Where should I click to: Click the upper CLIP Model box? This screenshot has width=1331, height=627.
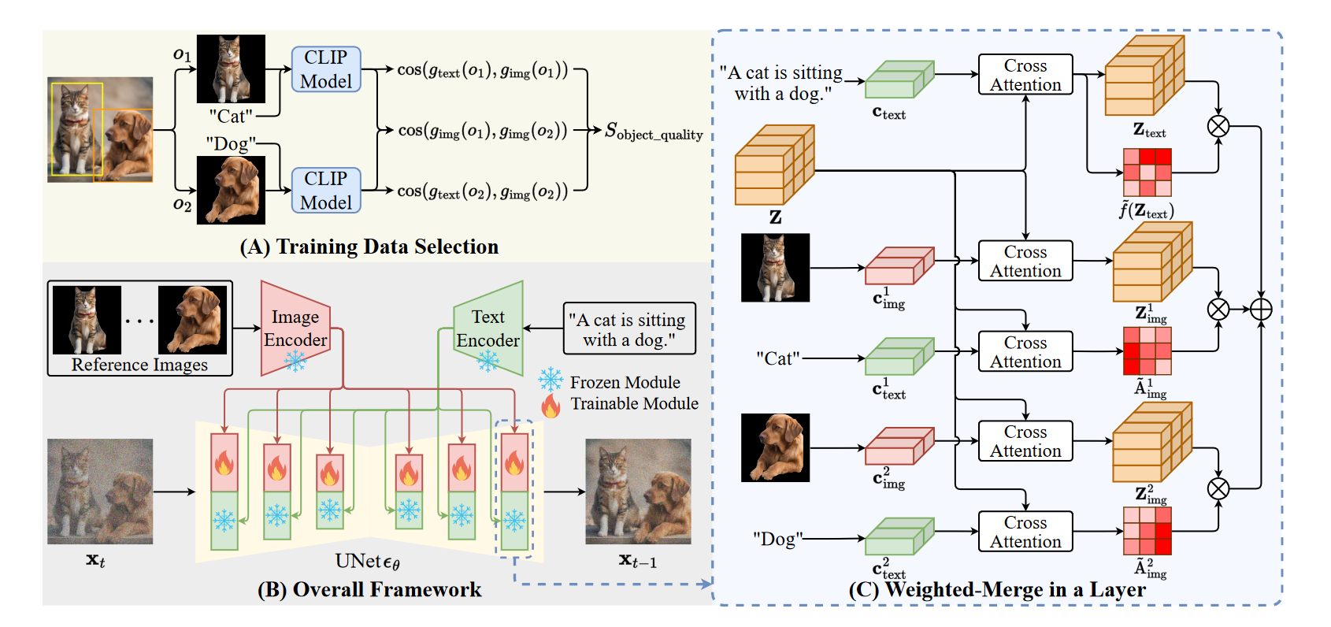pyautogui.click(x=326, y=69)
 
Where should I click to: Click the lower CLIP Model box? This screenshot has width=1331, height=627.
pyautogui.click(x=326, y=191)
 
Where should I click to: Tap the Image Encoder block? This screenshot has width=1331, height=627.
pyautogui.click(x=295, y=328)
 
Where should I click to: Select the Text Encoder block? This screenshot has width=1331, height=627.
pyautogui.click(x=488, y=328)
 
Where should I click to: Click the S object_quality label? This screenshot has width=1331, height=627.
pyautogui.click(x=653, y=132)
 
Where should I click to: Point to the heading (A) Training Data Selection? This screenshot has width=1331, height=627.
pyautogui.click(x=369, y=247)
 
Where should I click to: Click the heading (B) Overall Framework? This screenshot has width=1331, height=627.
pyautogui.click(x=369, y=590)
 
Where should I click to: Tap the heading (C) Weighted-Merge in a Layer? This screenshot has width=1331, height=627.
pyautogui.click(x=996, y=590)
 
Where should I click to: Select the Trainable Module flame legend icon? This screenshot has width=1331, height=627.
pyautogui.click(x=551, y=405)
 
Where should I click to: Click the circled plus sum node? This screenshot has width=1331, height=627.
pyautogui.click(x=1261, y=310)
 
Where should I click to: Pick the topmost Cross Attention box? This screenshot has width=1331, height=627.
pyautogui.click(x=1025, y=75)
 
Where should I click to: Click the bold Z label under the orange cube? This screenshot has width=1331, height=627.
pyautogui.click(x=775, y=217)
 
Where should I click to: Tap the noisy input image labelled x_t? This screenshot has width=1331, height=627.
pyautogui.click(x=100, y=492)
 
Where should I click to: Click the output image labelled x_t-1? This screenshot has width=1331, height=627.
pyautogui.click(x=638, y=492)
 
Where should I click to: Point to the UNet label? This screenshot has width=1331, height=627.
pyautogui.click(x=367, y=562)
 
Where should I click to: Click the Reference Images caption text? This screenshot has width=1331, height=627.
pyautogui.click(x=139, y=365)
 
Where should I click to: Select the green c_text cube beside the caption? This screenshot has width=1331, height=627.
pyautogui.click(x=899, y=80)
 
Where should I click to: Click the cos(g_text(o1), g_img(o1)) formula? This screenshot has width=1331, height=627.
pyautogui.click(x=482, y=70)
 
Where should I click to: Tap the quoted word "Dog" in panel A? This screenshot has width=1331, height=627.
pyautogui.click(x=230, y=144)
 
